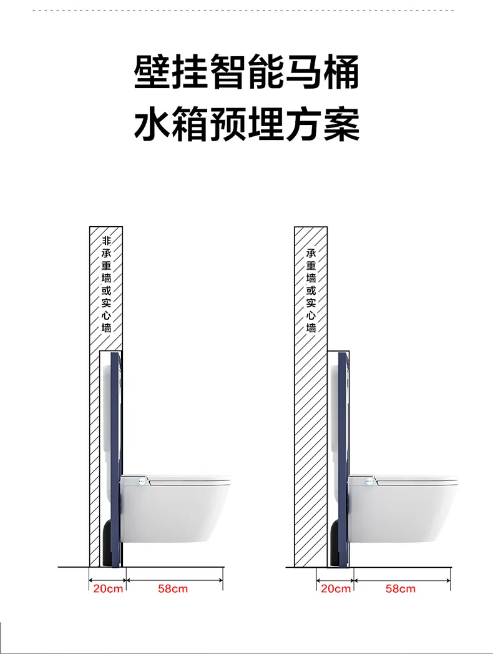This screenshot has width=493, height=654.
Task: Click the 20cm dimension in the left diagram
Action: pos(108,588)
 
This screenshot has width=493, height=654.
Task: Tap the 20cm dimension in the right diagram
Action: pos(336,588)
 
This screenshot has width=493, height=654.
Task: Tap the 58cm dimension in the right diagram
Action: pos(401,588)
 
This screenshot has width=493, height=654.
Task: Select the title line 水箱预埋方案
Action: pos(247,124)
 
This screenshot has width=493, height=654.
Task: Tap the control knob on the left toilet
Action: pos(142,481)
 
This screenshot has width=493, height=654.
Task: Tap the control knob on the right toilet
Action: pos(369,481)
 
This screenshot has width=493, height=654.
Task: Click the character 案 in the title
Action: pos(341,124)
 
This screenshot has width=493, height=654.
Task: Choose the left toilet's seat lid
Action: pos(187,481)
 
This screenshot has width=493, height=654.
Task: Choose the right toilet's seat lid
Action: pos(415,481)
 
